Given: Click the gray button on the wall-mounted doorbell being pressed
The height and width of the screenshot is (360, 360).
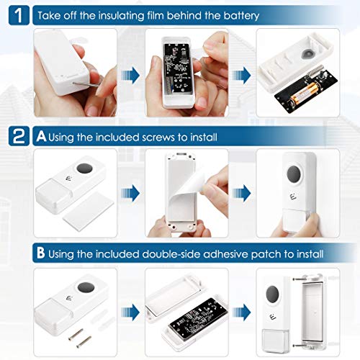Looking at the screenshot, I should (x=294, y=173).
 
